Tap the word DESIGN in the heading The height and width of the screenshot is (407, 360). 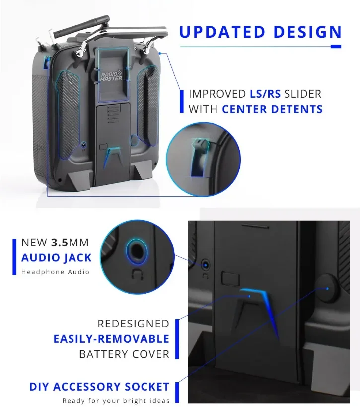pos(305,32)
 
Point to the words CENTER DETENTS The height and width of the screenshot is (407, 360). pos(273,109)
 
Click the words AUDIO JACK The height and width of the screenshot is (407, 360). pos(57,257)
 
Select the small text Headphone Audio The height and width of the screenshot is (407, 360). pos(55,272)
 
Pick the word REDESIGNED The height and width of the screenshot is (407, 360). pos(133,324)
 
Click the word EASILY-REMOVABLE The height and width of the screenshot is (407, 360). pos(111,339)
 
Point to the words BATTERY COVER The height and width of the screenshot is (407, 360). pos(124,354)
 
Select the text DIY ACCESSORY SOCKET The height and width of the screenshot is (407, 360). pos(99,387)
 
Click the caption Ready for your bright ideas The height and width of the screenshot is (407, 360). pos(116,401)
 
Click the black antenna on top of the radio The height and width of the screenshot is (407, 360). pos(82,27)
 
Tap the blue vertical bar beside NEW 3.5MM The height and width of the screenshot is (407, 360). pos(15,256)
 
